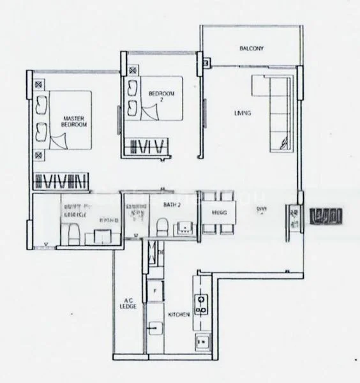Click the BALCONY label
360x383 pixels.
251,49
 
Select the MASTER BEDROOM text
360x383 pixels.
75,121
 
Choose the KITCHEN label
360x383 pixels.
177,315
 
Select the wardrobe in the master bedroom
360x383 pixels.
59,181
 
